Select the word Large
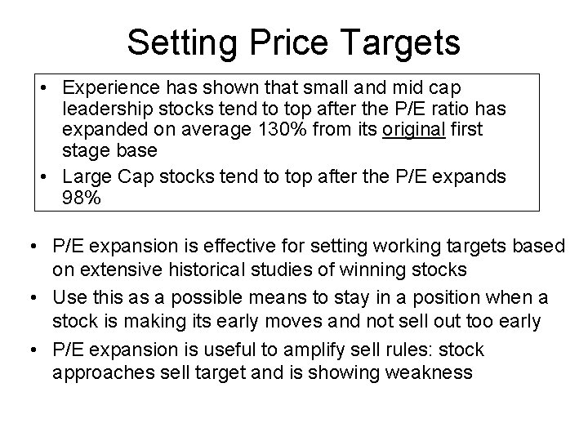[84, 176]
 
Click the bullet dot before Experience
[40, 87]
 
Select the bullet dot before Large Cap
[40, 176]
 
